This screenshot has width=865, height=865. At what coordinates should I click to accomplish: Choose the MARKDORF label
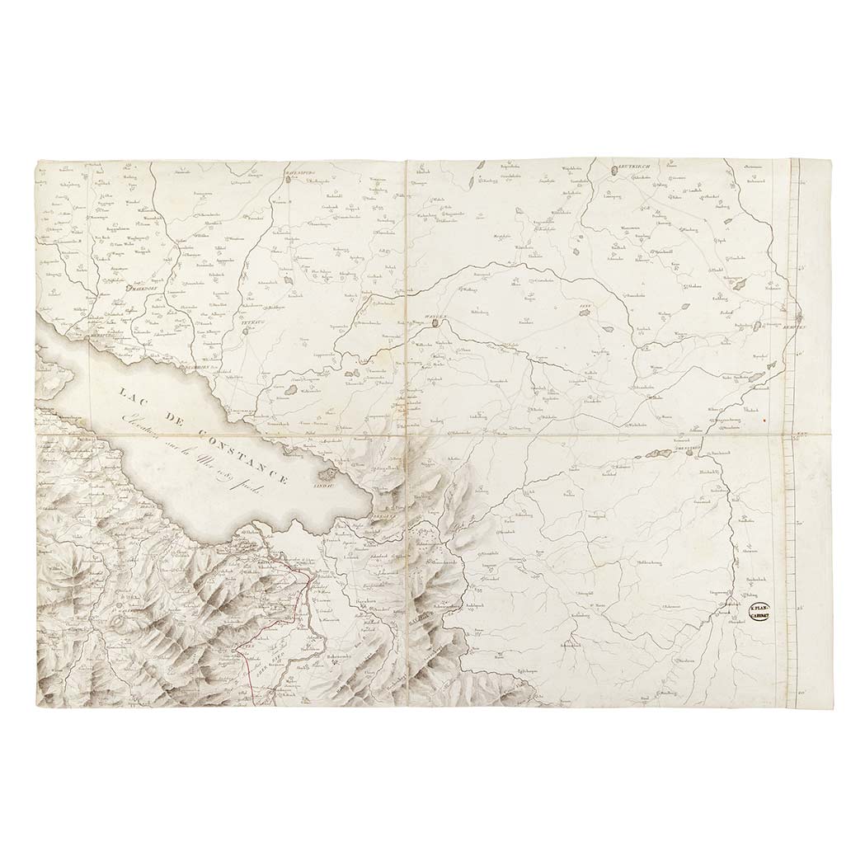click(x=139, y=289)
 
